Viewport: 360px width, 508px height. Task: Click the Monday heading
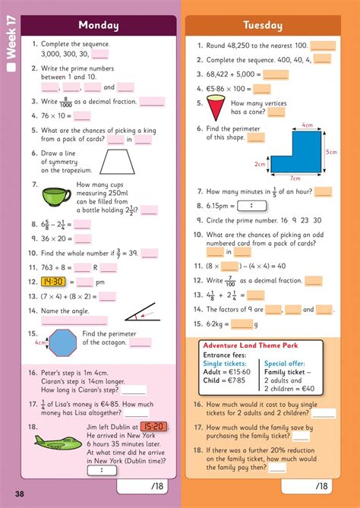click(99, 25)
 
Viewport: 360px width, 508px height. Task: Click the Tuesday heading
click(262, 25)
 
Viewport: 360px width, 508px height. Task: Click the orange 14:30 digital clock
click(55, 282)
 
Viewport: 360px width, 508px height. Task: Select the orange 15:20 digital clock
click(154, 427)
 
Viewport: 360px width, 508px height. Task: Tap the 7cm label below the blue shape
click(295, 178)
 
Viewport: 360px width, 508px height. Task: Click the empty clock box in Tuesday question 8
click(245, 205)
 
